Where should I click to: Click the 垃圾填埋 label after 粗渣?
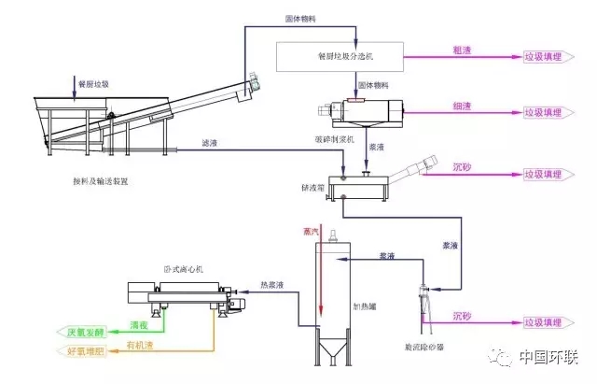[545, 57]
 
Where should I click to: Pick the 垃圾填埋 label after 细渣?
[545, 114]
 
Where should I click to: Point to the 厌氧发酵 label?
[86, 331]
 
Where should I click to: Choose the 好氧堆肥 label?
[86, 351]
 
